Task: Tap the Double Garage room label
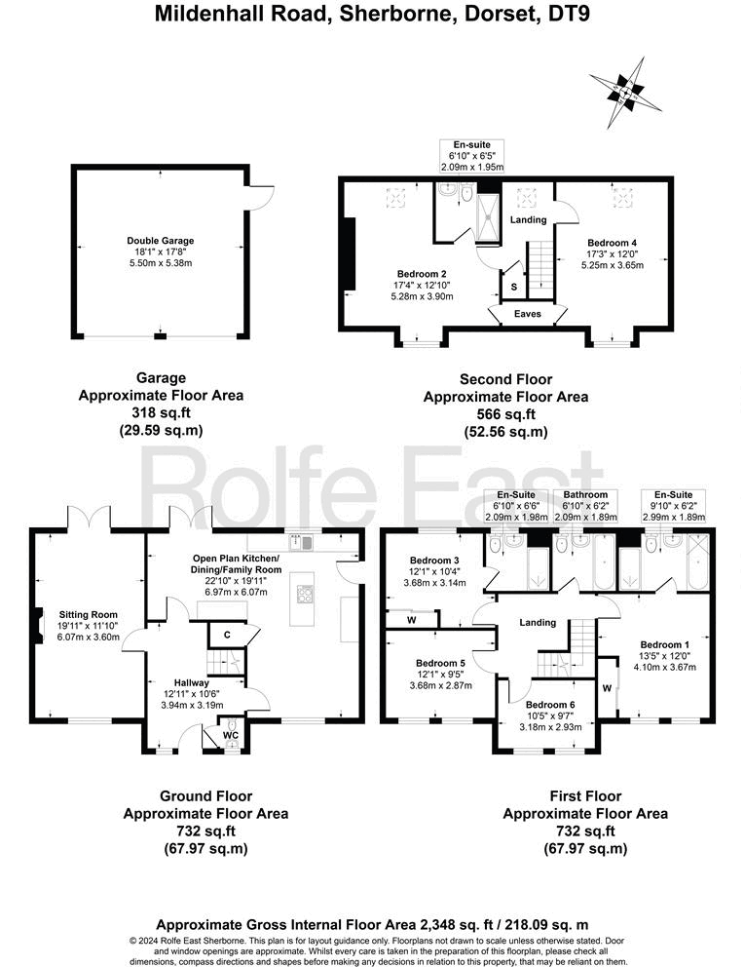(x=160, y=240)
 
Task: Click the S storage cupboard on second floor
(x=513, y=288)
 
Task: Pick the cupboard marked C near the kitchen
(x=226, y=635)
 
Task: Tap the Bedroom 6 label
(x=550, y=705)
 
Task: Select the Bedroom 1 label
(x=664, y=644)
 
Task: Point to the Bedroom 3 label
(x=434, y=560)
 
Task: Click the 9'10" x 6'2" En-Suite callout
(x=675, y=507)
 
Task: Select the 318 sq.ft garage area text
(x=161, y=411)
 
